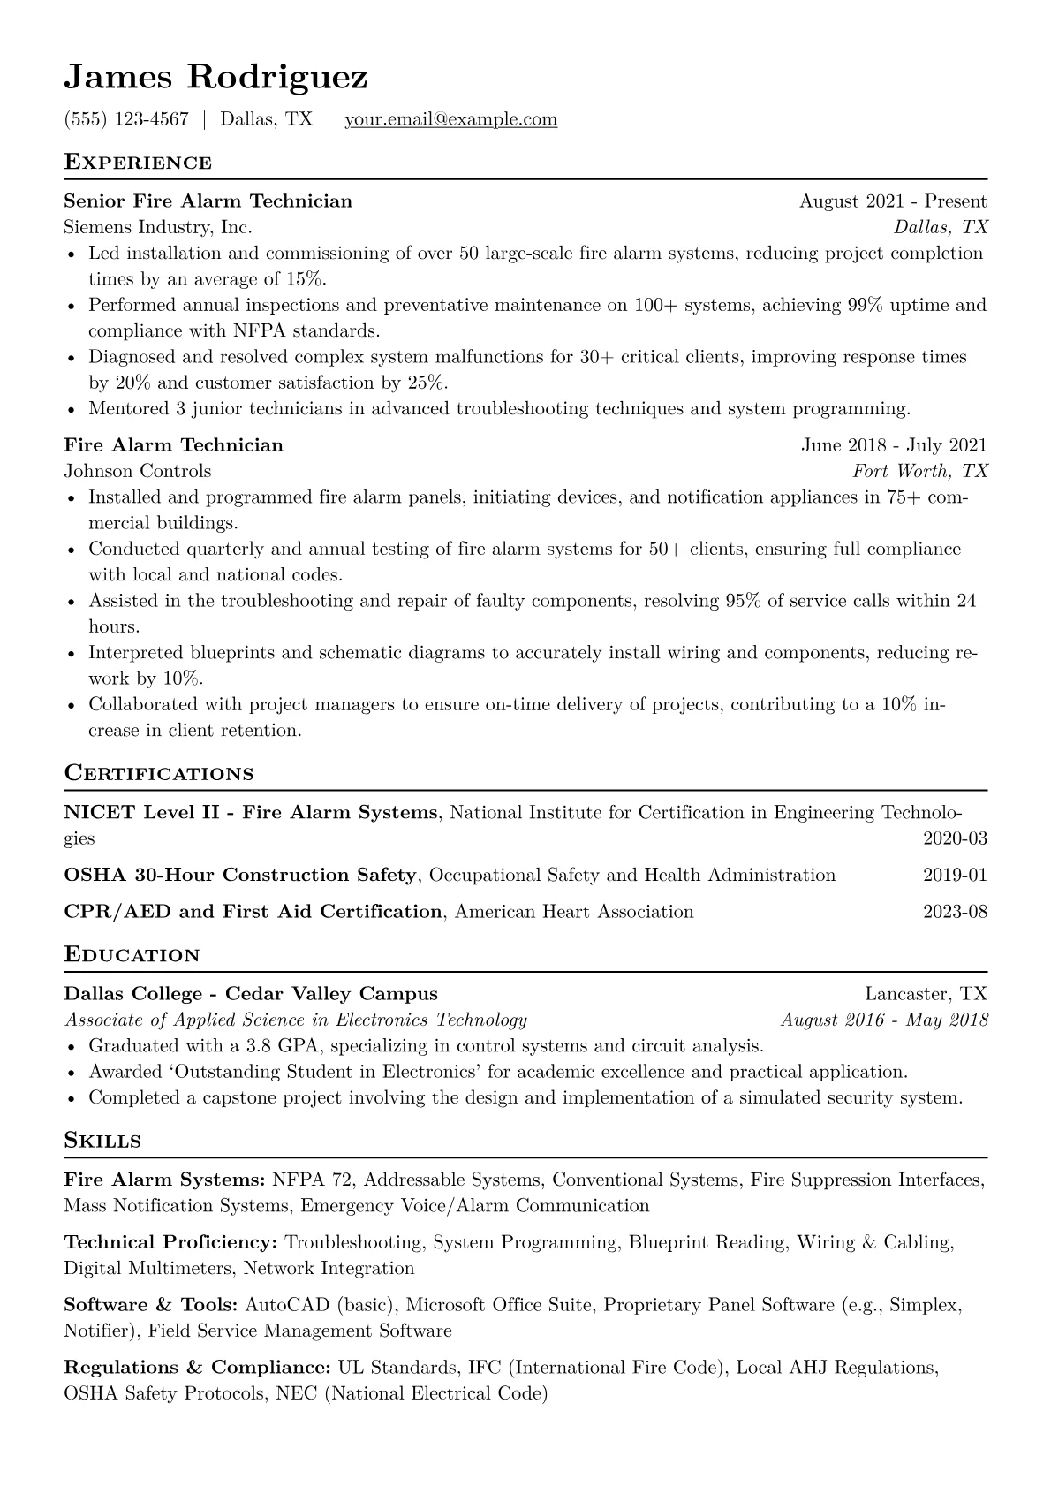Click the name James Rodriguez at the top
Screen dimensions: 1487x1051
215,78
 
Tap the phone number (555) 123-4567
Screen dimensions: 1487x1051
126,119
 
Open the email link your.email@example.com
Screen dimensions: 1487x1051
450,119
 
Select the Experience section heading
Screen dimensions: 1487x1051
138,163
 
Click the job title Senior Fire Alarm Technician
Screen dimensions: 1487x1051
208,201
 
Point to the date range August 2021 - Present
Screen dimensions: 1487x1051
893,201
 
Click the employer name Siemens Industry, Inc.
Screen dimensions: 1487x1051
158,227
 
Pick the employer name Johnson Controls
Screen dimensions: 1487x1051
138,471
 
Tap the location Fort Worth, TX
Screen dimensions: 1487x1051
919,471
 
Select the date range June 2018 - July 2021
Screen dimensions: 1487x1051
894,445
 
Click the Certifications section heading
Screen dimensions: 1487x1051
159,774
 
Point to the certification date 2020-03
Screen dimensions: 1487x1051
955,838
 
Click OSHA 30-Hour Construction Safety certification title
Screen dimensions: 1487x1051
239,876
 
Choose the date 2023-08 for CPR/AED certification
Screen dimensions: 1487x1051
955,912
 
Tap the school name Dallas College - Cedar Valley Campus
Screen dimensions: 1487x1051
251,994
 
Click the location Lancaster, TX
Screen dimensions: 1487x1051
926,994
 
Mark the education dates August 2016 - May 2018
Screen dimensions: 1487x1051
884,1020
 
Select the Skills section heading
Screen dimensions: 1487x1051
102,1141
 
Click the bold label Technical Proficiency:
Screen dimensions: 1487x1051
170,1243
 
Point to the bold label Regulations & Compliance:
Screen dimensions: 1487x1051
197,1369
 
